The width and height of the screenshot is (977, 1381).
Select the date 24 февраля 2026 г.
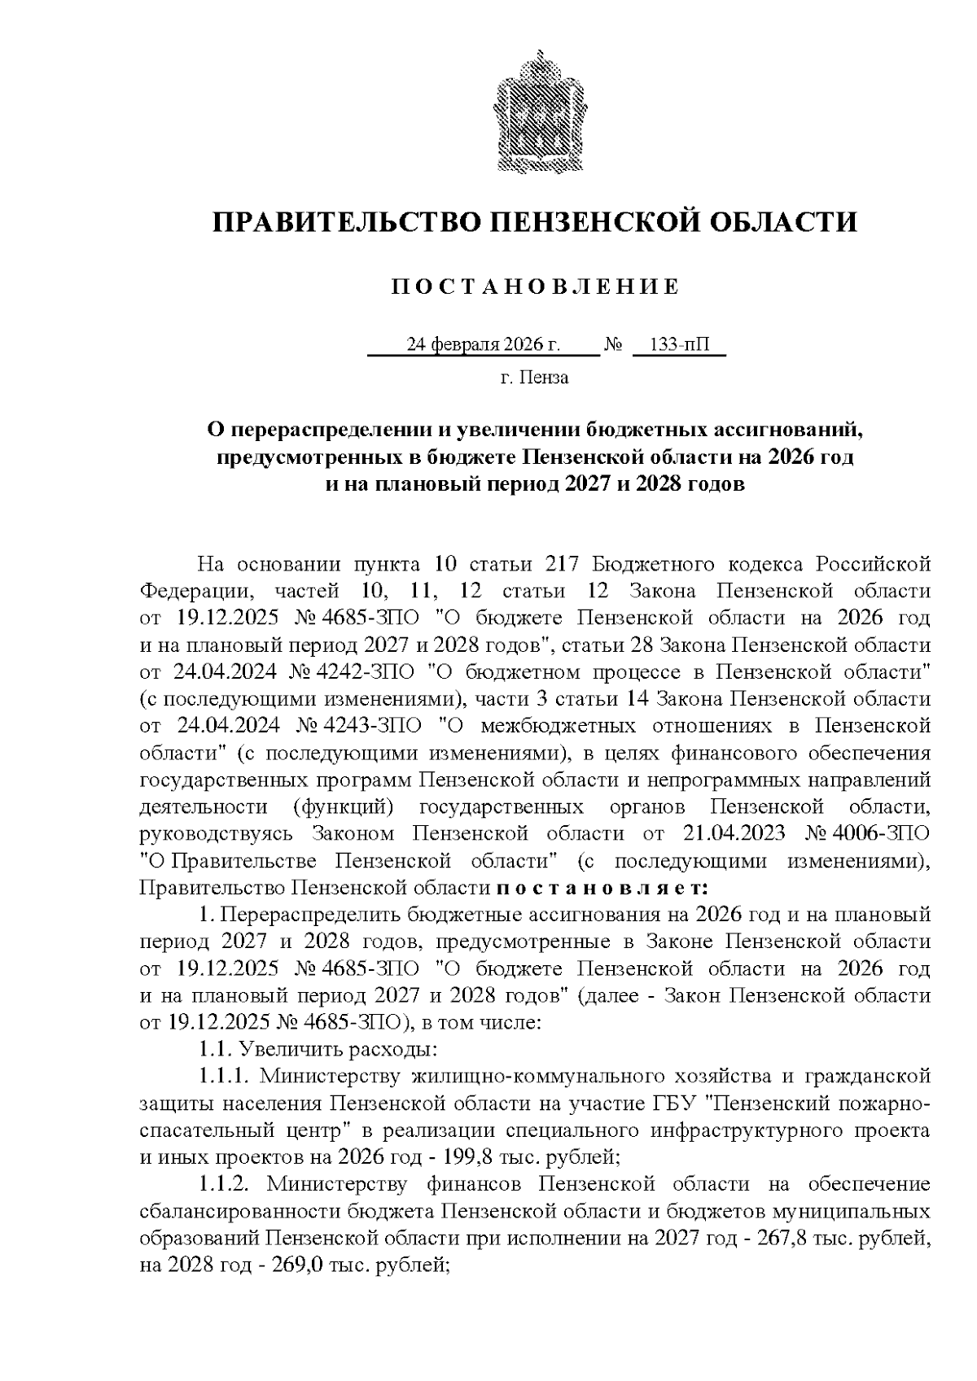[484, 345]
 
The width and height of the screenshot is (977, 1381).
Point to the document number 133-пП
[679, 345]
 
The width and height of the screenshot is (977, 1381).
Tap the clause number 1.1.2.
[227, 1183]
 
